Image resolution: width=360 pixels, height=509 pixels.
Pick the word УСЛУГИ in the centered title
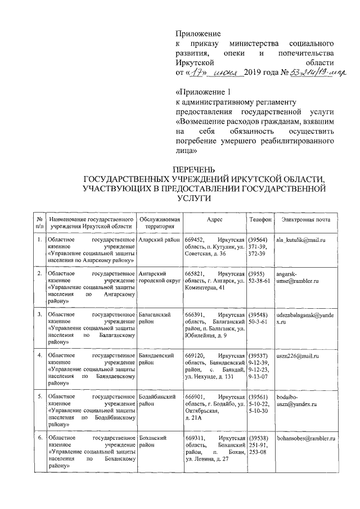coord(202,199)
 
